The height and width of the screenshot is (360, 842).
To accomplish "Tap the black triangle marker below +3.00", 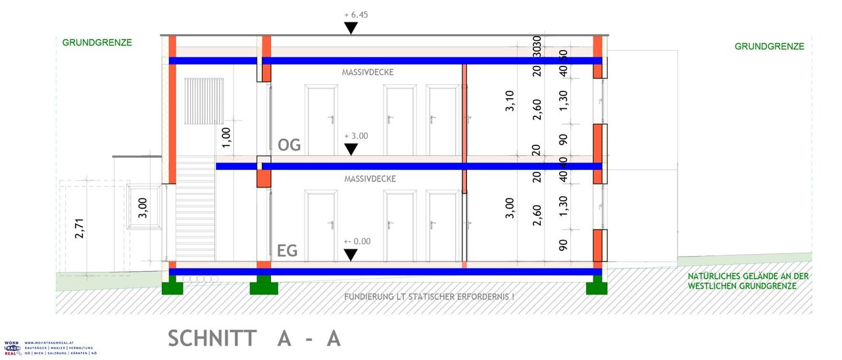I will click(x=351, y=149).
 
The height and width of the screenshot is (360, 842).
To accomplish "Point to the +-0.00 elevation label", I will click(x=357, y=242).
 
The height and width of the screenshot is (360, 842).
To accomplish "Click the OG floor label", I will click(x=289, y=145).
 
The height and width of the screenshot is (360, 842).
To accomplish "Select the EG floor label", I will click(x=287, y=250).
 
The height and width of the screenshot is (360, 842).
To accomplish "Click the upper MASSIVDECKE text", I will click(x=368, y=72).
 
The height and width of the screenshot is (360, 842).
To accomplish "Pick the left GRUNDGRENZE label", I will click(x=97, y=43).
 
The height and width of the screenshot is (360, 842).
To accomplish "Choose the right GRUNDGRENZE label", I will click(x=769, y=47).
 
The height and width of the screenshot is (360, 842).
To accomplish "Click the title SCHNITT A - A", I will click(x=255, y=338).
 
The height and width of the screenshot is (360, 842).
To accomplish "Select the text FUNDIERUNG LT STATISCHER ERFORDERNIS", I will click(x=429, y=297).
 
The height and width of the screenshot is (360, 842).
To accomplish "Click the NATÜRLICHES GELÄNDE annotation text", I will click(x=748, y=281).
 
